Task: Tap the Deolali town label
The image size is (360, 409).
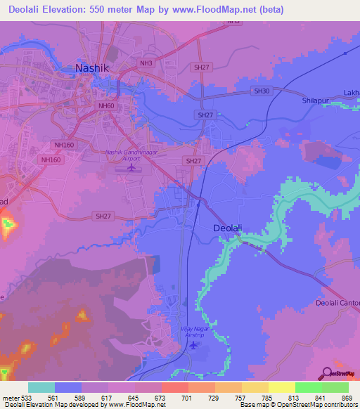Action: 229,228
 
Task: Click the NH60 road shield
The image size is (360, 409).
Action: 106,105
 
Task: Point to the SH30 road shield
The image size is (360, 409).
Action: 262,91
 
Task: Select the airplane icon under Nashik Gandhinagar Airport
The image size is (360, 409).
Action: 132,167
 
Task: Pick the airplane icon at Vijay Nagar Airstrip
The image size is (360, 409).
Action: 193,346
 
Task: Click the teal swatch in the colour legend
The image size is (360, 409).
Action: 41,387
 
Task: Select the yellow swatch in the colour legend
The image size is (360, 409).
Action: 281,387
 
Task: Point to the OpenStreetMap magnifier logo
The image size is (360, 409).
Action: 328,373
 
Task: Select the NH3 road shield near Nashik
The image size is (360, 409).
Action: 146,63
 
